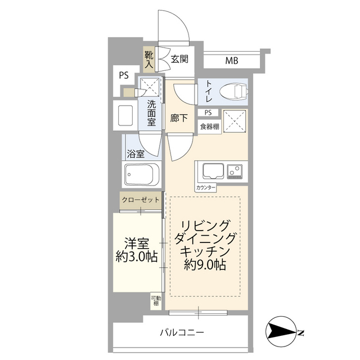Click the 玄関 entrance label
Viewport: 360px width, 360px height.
click(179, 58)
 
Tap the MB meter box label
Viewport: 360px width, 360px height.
click(231, 60)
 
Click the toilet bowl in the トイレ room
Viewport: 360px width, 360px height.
click(232, 91)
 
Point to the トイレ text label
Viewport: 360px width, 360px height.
click(208, 90)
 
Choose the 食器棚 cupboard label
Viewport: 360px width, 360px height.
click(209, 126)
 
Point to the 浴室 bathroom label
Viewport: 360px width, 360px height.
click(135, 153)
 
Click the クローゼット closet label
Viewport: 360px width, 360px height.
click(141, 200)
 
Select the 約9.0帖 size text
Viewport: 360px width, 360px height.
click(205, 265)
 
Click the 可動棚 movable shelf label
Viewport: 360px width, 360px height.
click(155, 301)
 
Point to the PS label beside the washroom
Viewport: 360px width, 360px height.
click(123, 75)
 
